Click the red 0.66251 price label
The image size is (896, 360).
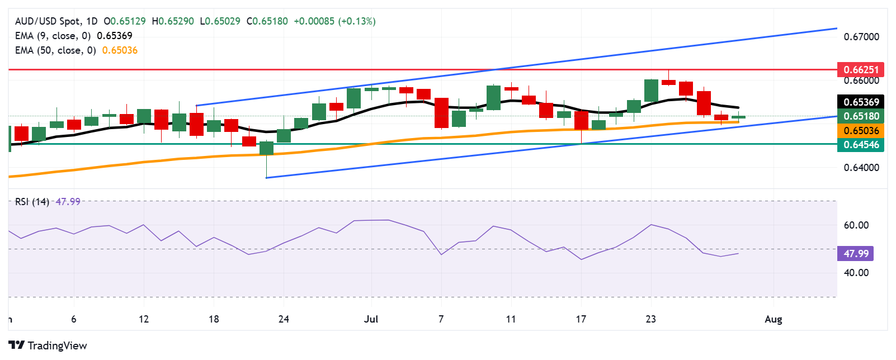(861, 70)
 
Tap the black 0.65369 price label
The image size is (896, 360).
(861, 102)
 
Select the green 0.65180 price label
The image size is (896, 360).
(861, 116)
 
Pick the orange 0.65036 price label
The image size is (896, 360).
(861, 131)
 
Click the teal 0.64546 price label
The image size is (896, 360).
(861, 145)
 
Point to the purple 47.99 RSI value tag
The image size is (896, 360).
(856, 254)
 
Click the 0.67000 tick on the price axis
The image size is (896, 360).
(861, 37)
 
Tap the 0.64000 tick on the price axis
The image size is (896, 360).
(861, 168)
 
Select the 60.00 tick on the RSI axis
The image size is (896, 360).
(856, 225)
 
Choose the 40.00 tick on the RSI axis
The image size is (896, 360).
(856, 273)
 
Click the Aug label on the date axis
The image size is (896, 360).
(773, 319)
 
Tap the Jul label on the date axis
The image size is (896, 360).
(371, 319)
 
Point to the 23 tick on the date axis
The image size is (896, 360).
(650, 319)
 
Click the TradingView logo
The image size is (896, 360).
(48, 345)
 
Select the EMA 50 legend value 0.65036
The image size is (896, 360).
(120, 50)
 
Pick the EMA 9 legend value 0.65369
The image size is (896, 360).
(115, 36)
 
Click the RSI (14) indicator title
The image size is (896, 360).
(32, 202)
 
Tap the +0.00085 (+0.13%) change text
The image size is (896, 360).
(334, 21)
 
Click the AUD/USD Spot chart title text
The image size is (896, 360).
(48, 21)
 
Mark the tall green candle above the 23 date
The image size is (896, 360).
(651, 91)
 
